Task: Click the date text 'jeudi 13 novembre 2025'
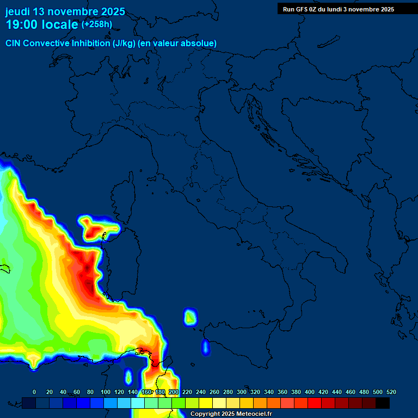(65, 11)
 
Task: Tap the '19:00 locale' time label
(42, 24)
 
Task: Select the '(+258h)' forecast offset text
(96, 24)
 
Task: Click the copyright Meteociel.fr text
(231, 414)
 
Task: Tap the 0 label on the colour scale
(34, 392)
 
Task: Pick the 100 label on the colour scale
(106, 392)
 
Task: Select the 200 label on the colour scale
(174, 392)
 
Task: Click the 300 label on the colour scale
(242, 392)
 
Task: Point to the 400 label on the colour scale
(310, 392)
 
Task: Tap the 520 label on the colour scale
(391, 392)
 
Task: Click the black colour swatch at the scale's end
(383, 403)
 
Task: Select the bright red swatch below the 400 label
(314, 403)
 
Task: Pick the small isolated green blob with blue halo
(189, 316)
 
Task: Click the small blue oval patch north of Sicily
(205, 347)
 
